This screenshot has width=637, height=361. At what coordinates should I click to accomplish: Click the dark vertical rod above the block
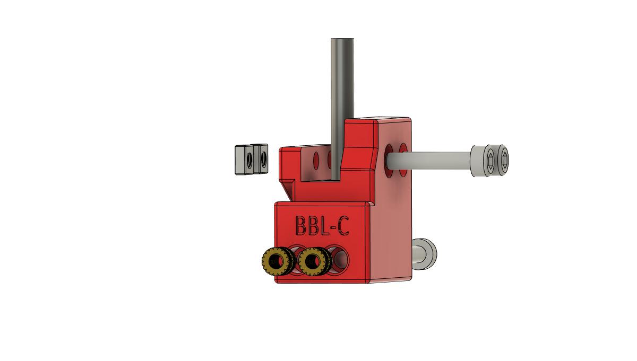pyautogui.click(x=342, y=95)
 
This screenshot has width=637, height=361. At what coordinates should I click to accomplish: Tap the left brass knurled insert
pyautogui.click(x=274, y=261)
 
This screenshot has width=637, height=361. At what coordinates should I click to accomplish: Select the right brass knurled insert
pyautogui.click(x=312, y=261)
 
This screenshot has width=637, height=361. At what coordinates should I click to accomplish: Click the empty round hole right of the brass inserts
pyautogui.click(x=339, y=259)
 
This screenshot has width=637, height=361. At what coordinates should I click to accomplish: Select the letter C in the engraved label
pyautogui.click(x=343, y=226)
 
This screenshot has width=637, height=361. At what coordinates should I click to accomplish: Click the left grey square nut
pyautogui.click(x=243, y=159)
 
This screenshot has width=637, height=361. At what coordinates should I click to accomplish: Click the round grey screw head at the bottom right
pyautogui.click(x=425, y=252)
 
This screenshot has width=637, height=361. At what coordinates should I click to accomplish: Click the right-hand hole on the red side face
pyautogui.click(x=403, y=154)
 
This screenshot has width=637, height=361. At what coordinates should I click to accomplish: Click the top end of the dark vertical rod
pyautogui.click(x=342, y=40)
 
